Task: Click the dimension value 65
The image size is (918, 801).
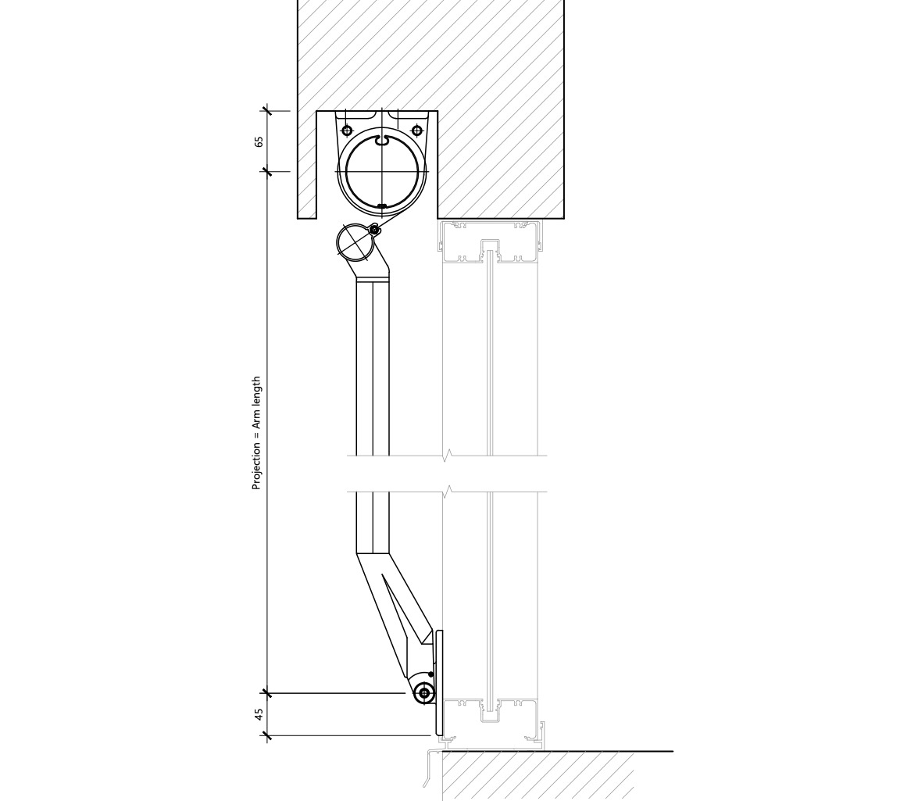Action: coord(259,141)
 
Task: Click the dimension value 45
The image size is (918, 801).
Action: coord(259,714)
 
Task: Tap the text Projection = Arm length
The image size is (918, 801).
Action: coord(256,433)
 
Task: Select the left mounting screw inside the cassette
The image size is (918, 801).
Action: coord(348,131)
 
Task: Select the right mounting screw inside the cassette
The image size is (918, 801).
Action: coord(416,131)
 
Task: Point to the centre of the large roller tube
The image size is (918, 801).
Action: coord(382,172)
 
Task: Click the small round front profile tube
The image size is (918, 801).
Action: coord(354,242)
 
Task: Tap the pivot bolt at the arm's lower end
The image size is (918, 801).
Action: coord(424,693)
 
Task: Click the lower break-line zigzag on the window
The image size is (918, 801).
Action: coord(448,492)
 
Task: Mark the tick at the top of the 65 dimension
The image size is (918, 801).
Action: coord(267,111)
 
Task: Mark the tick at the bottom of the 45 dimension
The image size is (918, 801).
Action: coord(267,735)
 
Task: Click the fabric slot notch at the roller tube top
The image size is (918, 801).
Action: coord(382,141)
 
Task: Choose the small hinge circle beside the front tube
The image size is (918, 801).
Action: coord(375,229)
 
